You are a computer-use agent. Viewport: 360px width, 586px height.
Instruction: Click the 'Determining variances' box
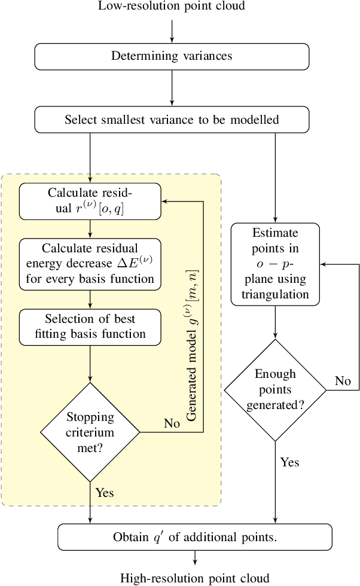click(x=172, y=57)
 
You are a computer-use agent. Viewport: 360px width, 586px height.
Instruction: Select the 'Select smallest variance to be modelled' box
click(x=172, y=120)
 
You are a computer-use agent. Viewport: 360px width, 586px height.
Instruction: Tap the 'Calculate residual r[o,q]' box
click(x=90, y=202)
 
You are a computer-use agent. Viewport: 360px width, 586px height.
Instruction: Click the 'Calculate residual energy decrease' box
click(x=90, y=263)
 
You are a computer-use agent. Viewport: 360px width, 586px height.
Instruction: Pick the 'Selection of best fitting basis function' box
click(x=90, y=326)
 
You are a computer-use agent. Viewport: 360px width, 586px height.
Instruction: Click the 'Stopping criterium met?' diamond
click(x=90, y=432)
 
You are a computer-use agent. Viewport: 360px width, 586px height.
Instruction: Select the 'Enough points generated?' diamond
click(x=275, y=390)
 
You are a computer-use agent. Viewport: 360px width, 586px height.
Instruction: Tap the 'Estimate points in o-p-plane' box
click(x=275, y=263)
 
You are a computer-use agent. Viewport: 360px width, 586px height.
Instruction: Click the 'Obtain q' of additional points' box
click(x=195, y=537)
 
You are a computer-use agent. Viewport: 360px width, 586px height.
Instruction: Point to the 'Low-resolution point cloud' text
click(x=172, y=7)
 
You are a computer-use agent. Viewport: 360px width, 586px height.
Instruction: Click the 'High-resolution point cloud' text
click(x=195, y=578)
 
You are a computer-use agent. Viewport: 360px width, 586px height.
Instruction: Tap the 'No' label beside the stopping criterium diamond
click(x=172, y=423)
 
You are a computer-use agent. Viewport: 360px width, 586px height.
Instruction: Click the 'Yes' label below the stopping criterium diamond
click(x=105, y=493)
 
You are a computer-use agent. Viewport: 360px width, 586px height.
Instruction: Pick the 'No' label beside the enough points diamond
click(x=343, y=381)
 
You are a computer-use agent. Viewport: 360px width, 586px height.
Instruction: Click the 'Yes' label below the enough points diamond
click(x=289, y=462)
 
